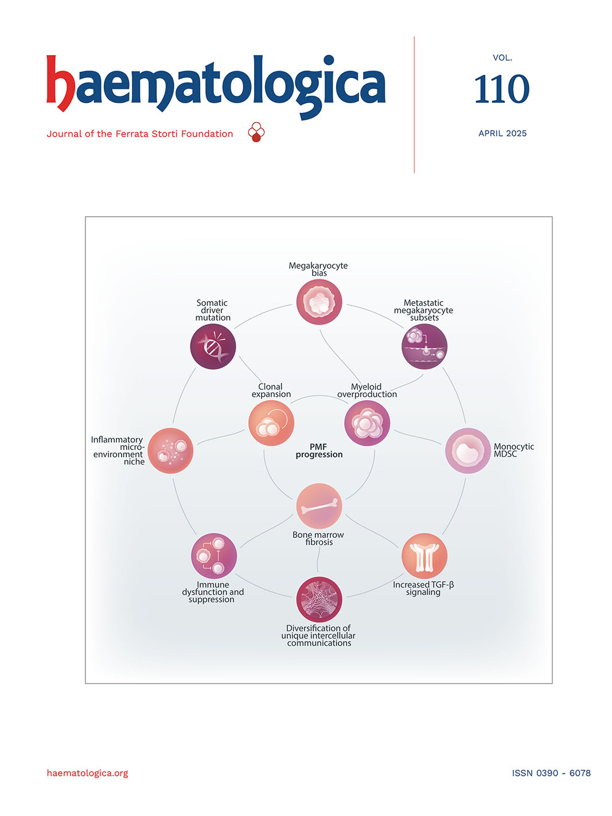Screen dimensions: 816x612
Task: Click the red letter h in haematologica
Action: click(x=60, y=83)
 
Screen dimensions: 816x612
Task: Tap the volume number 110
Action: click(x=501, y=90)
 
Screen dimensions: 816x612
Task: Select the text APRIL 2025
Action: click(x=502, y=134)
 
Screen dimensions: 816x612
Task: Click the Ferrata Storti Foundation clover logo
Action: click(x=256, y=132)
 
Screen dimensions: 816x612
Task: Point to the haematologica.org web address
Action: click(x=87, y=773)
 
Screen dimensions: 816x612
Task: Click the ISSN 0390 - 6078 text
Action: click(x=551, y=773)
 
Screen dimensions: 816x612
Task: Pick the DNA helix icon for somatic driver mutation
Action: click(x=213, y=346)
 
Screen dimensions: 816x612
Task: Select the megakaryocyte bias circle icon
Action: click(x=319, y=302)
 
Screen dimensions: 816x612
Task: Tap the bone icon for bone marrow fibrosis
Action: click(x=319, y=506)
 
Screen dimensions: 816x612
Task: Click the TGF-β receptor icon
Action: click(x=424, y=556)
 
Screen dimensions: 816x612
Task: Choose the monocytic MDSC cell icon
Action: click(x=468, y=451)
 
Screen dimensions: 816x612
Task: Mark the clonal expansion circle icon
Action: click(x=271, y=423)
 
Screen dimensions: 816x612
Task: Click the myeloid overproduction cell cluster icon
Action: click(x=367, y=423)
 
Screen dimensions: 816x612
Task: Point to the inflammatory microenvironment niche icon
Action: click(x=170, y=451)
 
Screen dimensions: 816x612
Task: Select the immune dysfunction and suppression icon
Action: click(x=213, y=556)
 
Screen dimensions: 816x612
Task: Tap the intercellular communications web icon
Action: click(x=319, y=599)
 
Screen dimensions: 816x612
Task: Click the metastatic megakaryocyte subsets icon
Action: click(x=424, y=346)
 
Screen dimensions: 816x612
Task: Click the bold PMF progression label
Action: click(x=319, y=451)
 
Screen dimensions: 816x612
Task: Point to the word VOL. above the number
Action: click(x=502, y=58)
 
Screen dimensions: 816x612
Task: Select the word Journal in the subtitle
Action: click(x=64, y=134)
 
